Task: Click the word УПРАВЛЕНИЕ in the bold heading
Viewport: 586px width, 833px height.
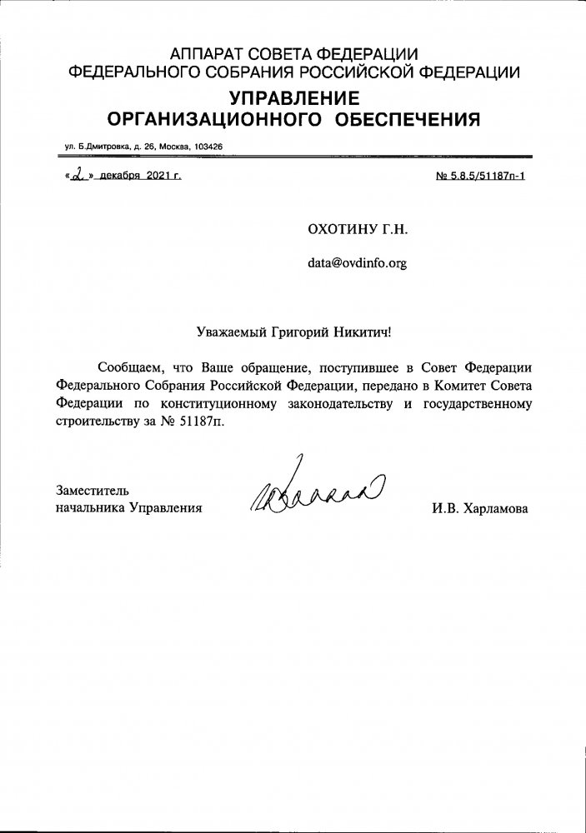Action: pyautogui.click(x=294, y=97)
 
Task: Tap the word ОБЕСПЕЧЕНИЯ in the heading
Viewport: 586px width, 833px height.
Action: pyautogui.click(x=407, y=119)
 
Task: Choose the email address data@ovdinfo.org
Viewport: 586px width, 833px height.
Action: pyautogui.click(x=358, y=263)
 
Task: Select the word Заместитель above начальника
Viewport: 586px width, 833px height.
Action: pyautogui.click(x=93, y=490)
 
